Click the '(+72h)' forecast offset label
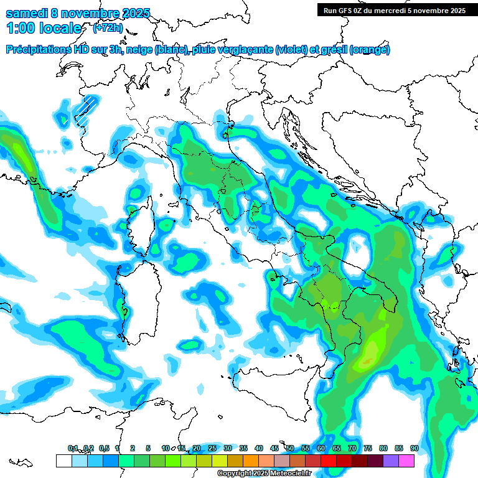pyautogui.click(x=107, y=28)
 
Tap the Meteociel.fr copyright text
pyautogui.click(x=264, y=474)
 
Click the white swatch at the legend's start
pyautogui.click(x=63, y=461)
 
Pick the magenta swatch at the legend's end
pyautogui.click(x=407, y=461)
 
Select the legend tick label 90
pyautogui.click(x=415, y=448)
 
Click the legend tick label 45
pyautogui.click(x=274, y=448)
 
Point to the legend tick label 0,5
pyautogui.click(x=104, y=448)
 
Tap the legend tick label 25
pyautogui.click(x=212, y=448)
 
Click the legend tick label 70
pyautogui.click(x=352, y=448)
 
